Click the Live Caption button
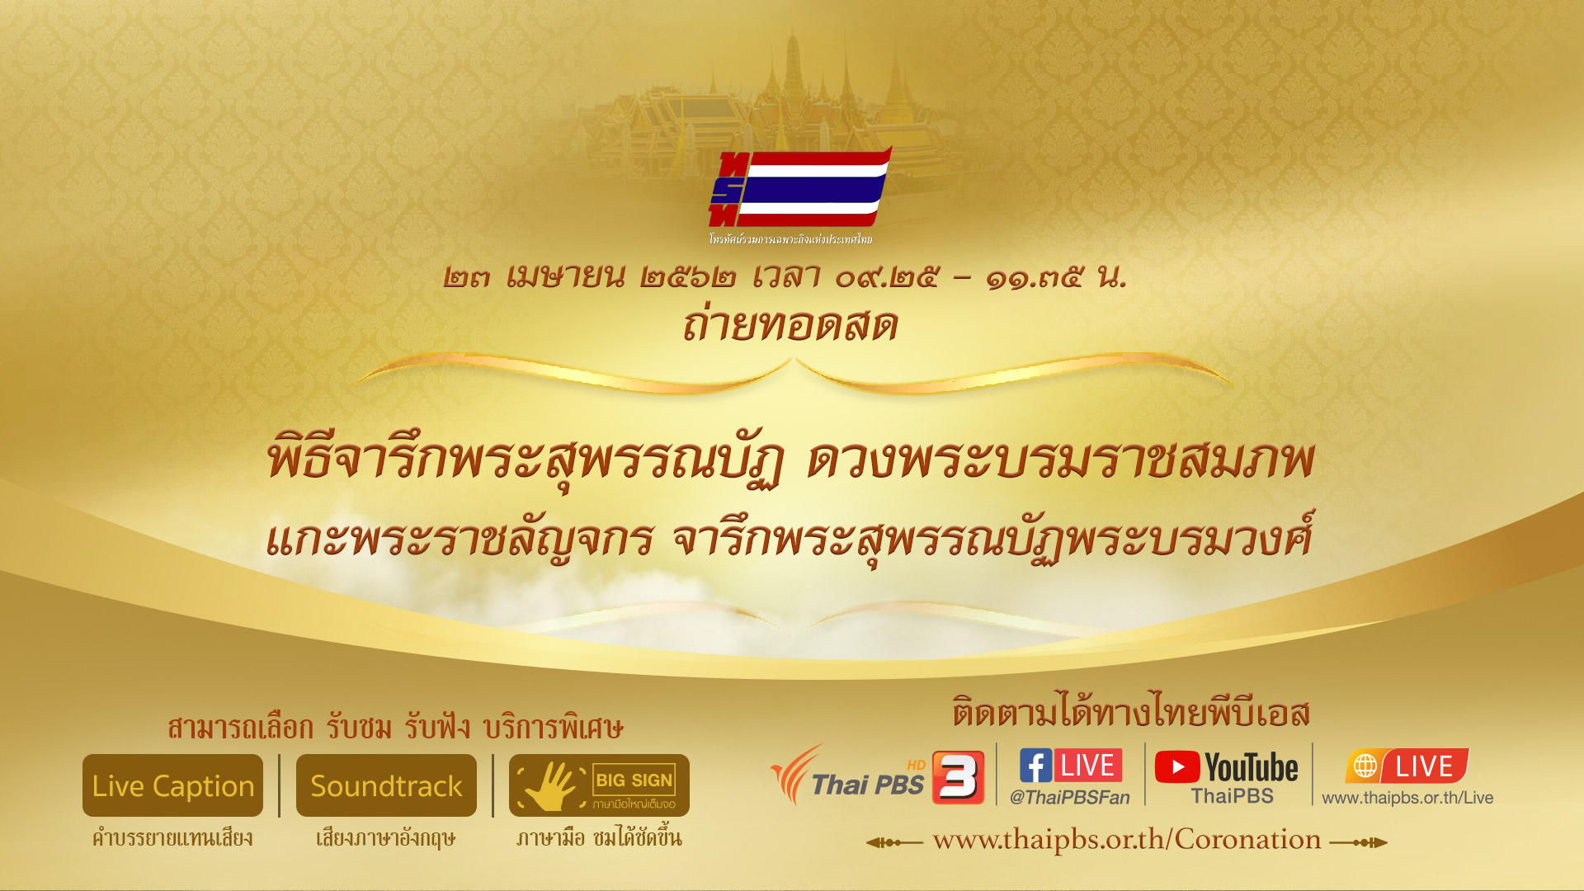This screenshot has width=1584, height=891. (x=172, y=785)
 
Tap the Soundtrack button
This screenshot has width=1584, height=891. (x=386, y=785)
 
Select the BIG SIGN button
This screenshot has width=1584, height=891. (x=599, y=785)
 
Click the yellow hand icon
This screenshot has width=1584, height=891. (x=550, y=785)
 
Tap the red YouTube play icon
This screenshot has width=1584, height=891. (x=1177, y=767)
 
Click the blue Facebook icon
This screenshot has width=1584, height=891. (x=1035, y=766)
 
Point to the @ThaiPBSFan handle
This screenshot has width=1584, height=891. (x=1070, y=797)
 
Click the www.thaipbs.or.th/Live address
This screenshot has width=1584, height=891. (x=1407, y=798)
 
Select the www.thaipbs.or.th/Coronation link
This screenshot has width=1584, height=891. (x=1127, y=840)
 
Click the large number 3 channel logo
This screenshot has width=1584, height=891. (x=958, y=777)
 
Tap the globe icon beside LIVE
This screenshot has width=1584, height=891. (x=1365, y=766)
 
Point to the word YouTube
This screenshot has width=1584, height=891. (x=1252, y=768)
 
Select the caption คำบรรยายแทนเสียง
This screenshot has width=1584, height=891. (x=172, y=838)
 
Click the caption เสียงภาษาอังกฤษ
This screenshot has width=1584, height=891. (x=385, y=838)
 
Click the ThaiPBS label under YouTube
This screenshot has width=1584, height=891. (x=1233, y=796)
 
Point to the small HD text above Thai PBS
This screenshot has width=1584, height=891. (x=916, y=765)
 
